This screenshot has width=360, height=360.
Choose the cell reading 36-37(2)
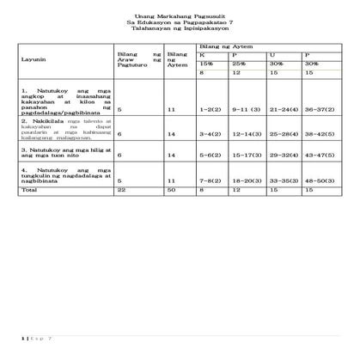point(320,110)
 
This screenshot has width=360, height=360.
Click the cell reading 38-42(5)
point(320,135)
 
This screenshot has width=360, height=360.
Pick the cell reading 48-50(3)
point(320,182)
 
